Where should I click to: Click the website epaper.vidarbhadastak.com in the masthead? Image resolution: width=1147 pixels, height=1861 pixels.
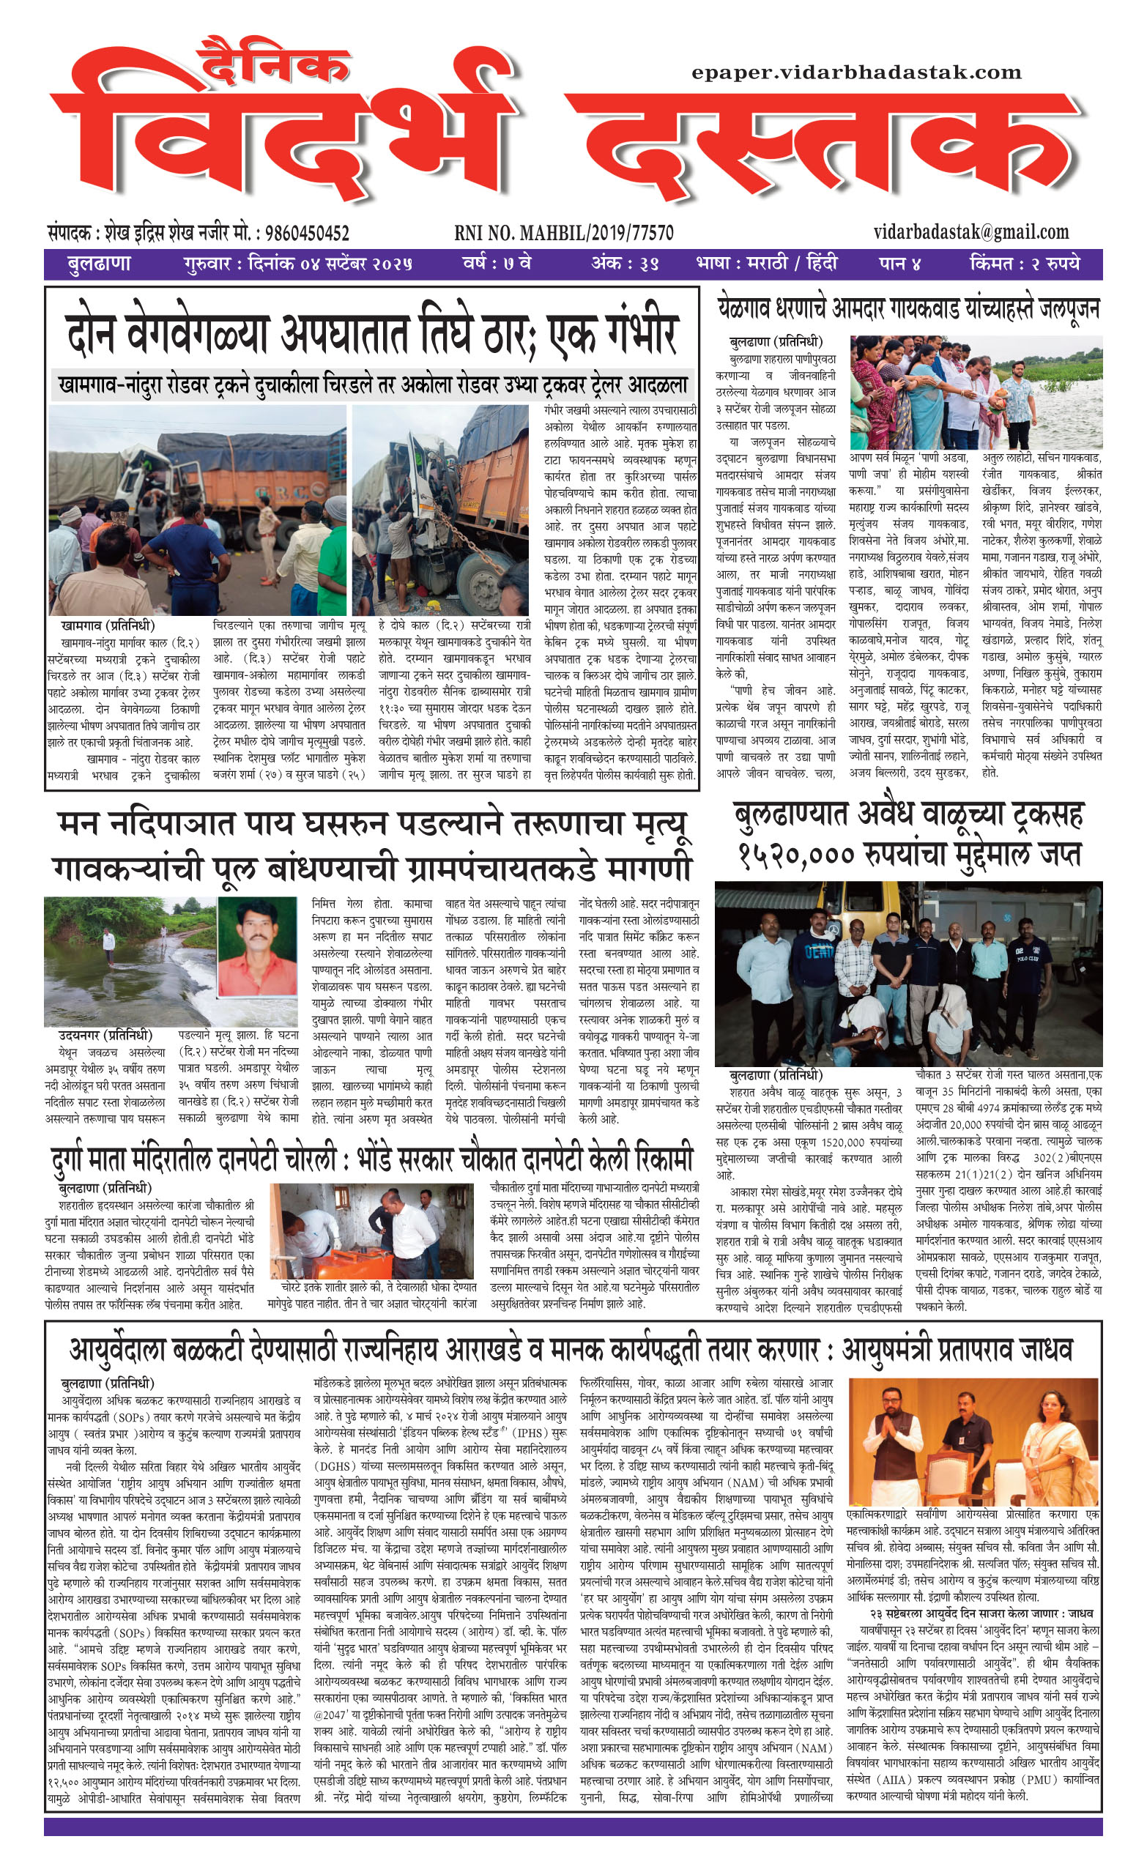pyautogui.click(x=856, y=73)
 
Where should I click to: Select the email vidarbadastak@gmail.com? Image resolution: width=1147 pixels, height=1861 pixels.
pyautogui.click(x=971, y=231)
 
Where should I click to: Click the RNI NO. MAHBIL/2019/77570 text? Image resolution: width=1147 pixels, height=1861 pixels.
pyautogui.click(x=564, y=233)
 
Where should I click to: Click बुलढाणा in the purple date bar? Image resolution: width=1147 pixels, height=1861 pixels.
pyautogui.click(x=99, y=264)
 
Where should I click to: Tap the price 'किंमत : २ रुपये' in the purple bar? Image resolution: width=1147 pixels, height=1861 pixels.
pyautogui.click(x=1024, y=264)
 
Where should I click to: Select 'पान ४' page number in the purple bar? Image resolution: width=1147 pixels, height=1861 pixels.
pyautogui.click(x=900, y=264)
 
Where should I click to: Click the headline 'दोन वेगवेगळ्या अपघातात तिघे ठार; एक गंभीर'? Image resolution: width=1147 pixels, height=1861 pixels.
pyautogui.click(x=372, y=334)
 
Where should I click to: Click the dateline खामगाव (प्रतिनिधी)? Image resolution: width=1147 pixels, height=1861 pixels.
pyautogui.click(x=108, y=625)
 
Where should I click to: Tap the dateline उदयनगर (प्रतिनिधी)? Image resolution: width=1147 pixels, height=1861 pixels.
pyautogui.click(x=105, y=1036)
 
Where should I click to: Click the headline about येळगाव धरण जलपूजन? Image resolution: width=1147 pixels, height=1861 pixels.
pyautogui.click(x=908, y=309)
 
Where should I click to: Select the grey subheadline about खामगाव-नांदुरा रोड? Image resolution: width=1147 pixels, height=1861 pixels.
pyautogui.click(x=372, y=385)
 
